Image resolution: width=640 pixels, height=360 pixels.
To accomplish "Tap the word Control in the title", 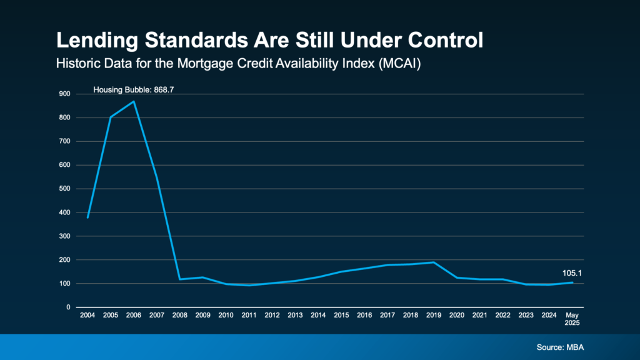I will pos(446,41).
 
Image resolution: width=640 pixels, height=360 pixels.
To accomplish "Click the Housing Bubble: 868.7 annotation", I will pos(133,90).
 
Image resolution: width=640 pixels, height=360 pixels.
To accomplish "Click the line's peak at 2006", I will pos(134,101).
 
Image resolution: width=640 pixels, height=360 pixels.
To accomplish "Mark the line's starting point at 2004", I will pos(87,217).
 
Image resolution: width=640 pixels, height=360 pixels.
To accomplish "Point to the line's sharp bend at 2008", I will pos(180,279).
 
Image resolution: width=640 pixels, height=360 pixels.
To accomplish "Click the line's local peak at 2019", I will pos(434,262).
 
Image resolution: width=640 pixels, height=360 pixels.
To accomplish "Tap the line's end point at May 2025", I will pos(572,282).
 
